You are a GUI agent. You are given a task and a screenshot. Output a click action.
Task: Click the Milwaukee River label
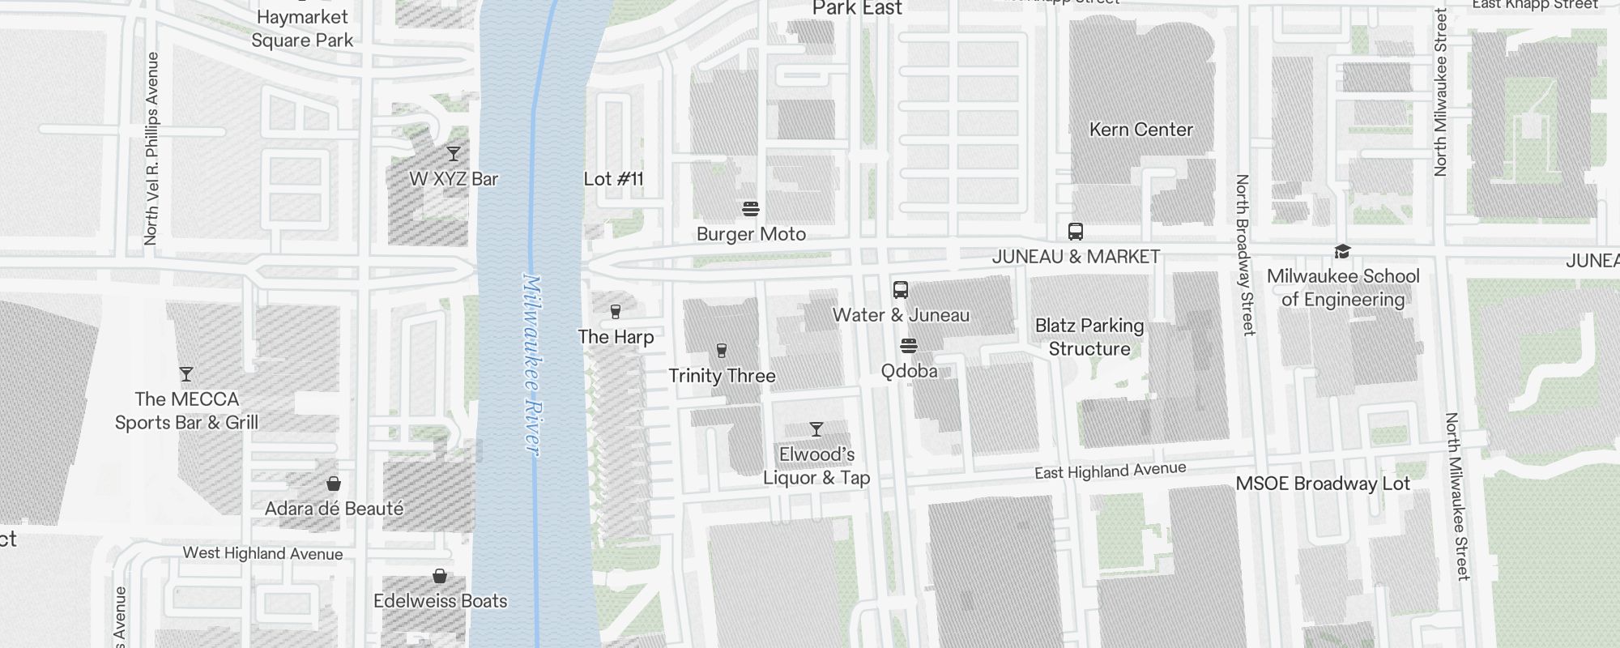531,364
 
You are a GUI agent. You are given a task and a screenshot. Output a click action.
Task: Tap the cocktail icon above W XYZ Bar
454,153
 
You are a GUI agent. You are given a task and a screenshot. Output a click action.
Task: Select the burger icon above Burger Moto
751,209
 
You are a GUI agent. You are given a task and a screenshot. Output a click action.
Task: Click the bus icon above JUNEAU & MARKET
1076,232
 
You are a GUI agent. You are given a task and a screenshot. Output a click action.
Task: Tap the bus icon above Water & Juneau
901,290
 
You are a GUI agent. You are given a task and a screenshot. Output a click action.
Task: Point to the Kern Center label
1140,130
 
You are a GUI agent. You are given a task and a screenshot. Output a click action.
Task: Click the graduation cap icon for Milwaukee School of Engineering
1342,252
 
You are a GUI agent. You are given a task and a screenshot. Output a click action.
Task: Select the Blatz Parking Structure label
1089,337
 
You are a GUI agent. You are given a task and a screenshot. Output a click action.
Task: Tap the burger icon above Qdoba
909,347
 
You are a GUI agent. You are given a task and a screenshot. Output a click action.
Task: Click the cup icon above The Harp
616,312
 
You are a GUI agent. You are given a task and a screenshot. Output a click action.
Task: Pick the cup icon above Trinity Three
722,351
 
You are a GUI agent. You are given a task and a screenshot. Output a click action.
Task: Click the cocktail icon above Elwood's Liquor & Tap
816,429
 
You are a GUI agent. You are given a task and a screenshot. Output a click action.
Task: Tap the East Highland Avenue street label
1110,470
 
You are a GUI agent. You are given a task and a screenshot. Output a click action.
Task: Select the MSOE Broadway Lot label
1323,484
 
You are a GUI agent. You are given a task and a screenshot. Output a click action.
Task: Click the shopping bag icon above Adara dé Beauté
334,484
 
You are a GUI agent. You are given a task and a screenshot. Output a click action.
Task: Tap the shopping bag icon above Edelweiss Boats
440,576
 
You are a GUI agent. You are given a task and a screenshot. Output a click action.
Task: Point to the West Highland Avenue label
262,553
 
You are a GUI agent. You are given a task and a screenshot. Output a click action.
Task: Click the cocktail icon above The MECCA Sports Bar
186,374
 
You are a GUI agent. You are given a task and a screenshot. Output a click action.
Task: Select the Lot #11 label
613,179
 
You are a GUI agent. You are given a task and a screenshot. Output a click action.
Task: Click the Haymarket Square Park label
302,28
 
